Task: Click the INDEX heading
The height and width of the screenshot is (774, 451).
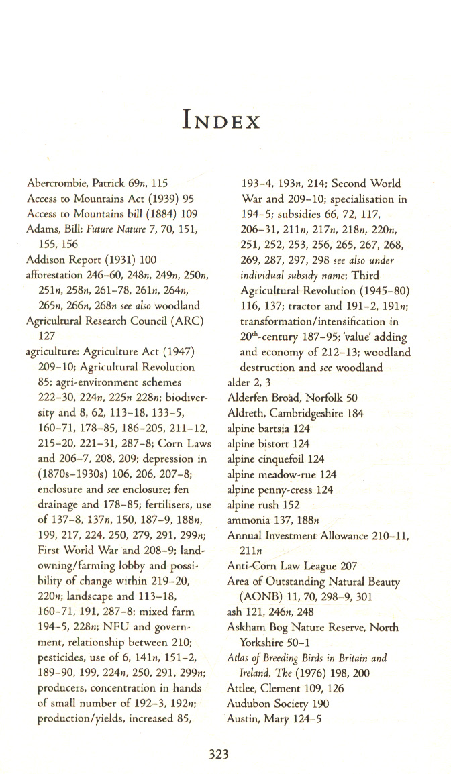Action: (220, 121)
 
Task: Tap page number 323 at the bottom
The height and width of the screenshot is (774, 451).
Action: (219, 755)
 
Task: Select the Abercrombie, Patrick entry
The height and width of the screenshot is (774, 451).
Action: (97, 183)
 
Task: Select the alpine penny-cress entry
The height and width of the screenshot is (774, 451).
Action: (280, 490)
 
